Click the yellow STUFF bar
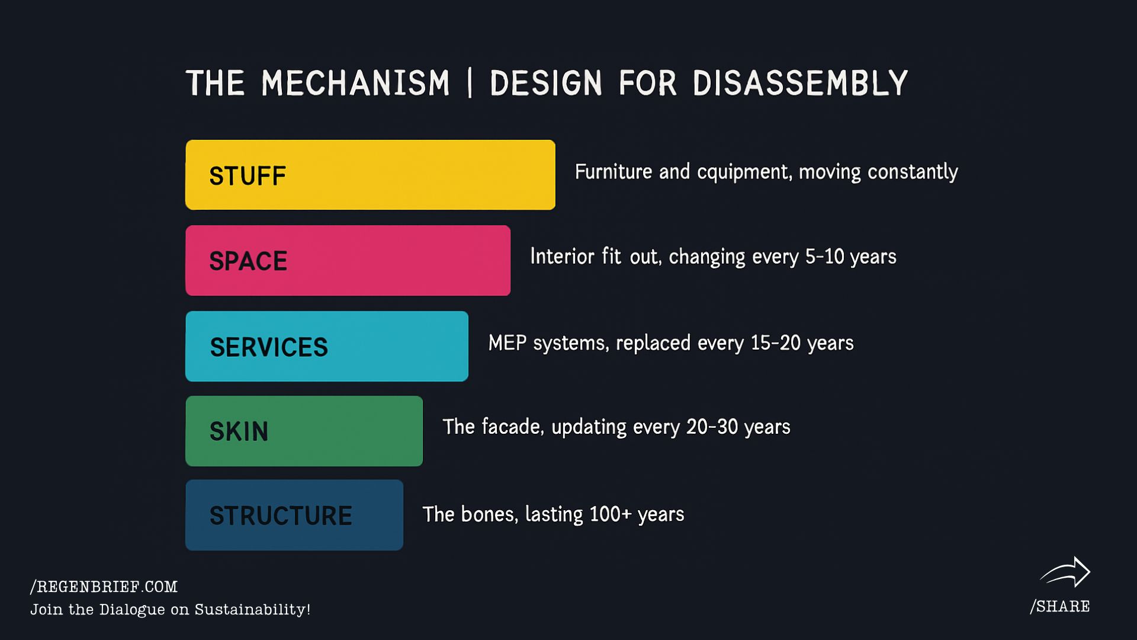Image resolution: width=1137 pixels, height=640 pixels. [x=370, y=175]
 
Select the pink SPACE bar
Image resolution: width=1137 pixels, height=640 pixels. [x=348, y=260]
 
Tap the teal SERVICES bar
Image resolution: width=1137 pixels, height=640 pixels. [x=327, y=346]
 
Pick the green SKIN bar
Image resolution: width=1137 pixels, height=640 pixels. [x=304, y=431]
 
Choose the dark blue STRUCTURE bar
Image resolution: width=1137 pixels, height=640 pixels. [x=294, y=515]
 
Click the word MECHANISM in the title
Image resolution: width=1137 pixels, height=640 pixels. [x=355, y=83]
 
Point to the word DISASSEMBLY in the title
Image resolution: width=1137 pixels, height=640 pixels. [x=799, y=83]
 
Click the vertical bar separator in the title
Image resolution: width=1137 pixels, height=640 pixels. [x=470, y=83]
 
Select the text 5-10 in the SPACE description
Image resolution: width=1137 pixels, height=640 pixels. [x=824, y=256]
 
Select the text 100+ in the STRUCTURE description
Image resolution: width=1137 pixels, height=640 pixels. [x=611, y=514]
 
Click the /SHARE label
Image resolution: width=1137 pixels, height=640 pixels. [x=1060, y=606]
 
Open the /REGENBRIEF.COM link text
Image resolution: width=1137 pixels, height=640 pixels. [x=104, y=587]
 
